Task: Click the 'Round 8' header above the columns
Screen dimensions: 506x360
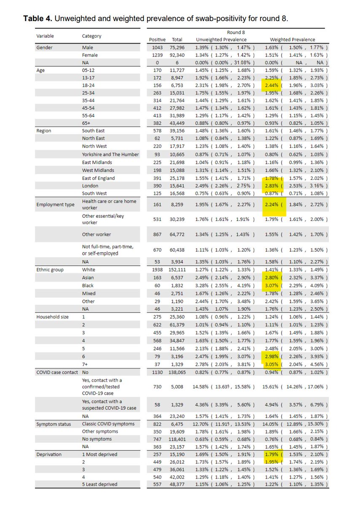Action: (236, 32)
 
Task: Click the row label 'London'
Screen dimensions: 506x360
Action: (90, 186)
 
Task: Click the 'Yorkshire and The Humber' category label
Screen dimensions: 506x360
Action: (110, 154)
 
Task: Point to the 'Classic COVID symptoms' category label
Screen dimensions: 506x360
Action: (108, 424)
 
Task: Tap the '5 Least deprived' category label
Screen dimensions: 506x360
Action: (99, 484)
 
